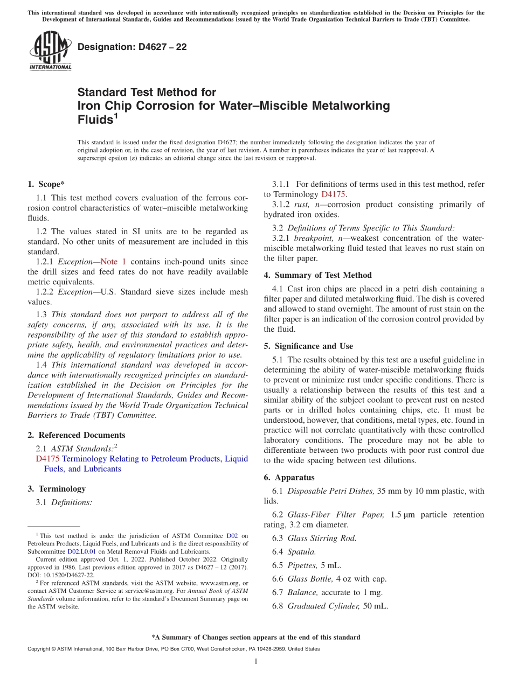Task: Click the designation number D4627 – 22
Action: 132,47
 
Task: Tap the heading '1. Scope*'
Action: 46,184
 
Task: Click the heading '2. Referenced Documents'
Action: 76,435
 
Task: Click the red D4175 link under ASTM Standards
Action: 47,459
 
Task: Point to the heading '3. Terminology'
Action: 57,489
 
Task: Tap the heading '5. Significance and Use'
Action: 308,346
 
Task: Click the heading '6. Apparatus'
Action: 289,478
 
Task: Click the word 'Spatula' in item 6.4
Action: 301,551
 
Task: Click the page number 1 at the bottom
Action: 256,662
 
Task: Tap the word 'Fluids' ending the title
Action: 95,120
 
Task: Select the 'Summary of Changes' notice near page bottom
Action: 255,637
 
